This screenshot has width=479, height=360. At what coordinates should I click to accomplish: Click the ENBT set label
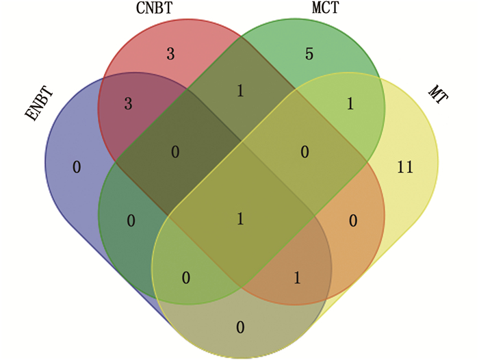click(39, 104)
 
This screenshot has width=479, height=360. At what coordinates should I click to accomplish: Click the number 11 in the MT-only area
click(405, 166)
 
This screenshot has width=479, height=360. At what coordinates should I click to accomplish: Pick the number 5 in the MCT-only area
click(309, 53)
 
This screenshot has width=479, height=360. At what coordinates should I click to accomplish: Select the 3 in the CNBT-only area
click(170, 53)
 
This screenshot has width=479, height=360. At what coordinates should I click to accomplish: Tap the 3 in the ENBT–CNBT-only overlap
click(128, 103)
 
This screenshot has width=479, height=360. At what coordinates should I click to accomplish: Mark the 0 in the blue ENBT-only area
click(76, 166)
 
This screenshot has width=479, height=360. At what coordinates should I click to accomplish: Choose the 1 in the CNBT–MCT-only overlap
click(240, 90)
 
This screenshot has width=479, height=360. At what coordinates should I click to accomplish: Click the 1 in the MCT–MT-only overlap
click(351, 103)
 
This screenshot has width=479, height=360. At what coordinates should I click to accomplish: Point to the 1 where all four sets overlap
click(240, 219)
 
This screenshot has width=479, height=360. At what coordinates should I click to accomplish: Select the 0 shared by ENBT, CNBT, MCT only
click(175, 152)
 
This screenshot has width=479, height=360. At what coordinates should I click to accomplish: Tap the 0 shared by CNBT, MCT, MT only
click(305, 152)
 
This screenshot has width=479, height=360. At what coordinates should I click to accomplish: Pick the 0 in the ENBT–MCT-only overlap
click(131, 220)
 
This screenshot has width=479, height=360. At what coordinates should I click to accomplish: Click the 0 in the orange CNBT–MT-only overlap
click(352, 220)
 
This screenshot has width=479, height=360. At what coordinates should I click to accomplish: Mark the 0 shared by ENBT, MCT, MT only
click(185, 277)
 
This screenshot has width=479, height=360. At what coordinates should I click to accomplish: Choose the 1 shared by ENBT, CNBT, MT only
click(296, 277)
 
